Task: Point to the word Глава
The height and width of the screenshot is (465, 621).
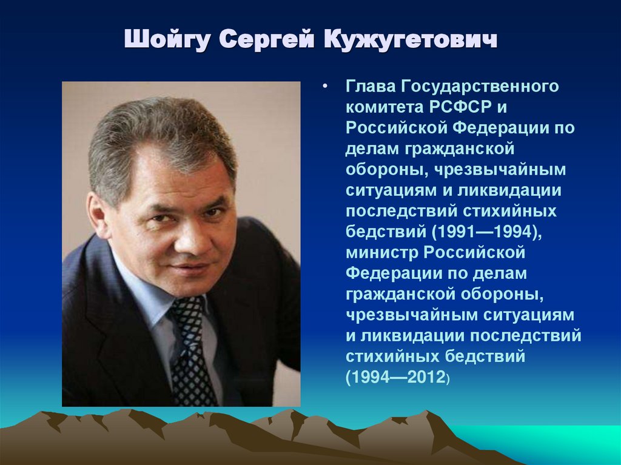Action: click(370, 87)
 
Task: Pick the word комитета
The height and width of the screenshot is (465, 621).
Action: click(380, 107)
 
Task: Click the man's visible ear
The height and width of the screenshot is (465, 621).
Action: click(98, 213)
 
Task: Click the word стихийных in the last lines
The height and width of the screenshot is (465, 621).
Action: click(386, 355)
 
